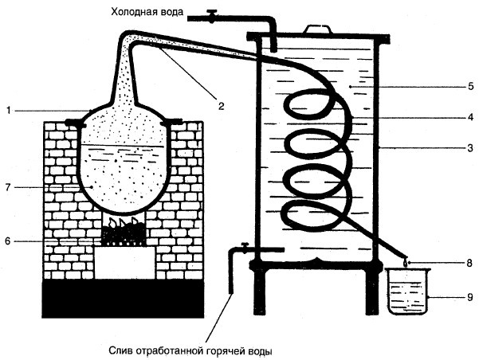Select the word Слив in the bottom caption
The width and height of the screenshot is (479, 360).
[120, 350]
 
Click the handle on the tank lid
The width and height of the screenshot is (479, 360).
[319, 29]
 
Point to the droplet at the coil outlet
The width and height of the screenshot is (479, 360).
[406, 261]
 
